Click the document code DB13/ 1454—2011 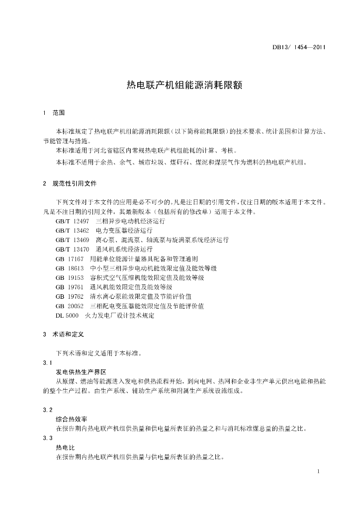pos(299,48)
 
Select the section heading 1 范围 pos(54,113)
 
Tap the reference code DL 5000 pos(67,315)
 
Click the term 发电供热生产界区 pos(81,372)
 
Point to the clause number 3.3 pos(48,437)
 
